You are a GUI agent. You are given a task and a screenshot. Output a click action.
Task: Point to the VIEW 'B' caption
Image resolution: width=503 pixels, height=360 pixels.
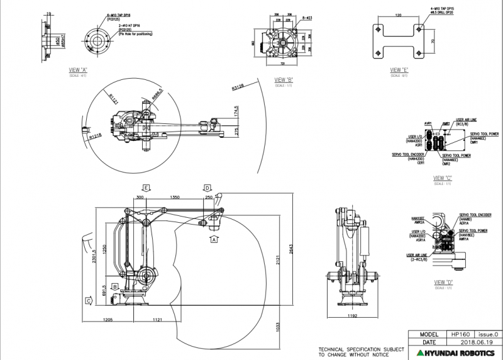[x=284, y=80]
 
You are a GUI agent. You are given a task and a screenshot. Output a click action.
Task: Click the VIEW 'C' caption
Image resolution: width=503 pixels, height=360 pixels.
[x=443, y=178]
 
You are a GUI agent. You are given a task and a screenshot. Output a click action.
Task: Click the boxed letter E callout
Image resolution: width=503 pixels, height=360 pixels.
[x=146, y=188]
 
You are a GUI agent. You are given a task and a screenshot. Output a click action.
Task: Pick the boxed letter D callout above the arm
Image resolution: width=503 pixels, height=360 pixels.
[x=207, y=188]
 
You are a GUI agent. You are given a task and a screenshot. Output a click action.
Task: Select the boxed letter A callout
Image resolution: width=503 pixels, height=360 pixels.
[x=214, y=240]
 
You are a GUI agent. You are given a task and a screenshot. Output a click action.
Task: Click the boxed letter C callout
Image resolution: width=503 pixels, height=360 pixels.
[x=89, y=301]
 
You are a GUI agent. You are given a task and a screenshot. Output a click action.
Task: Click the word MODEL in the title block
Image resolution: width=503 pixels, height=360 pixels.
[x=427, y=334]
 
